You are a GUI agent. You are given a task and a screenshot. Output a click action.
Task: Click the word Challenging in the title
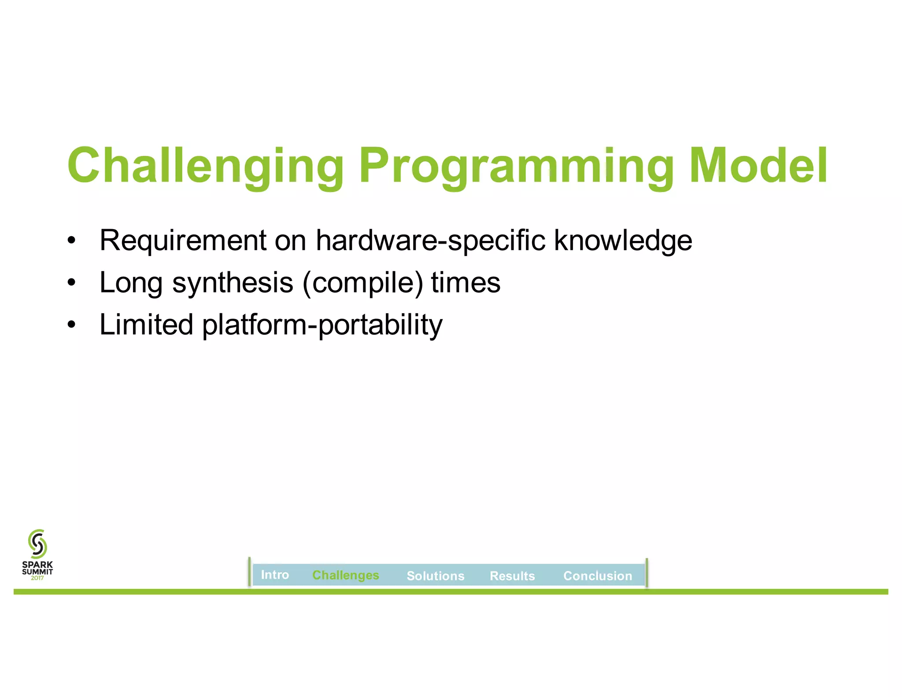pyautogui.click(x=205, y=166)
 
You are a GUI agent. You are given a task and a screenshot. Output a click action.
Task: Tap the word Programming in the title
pyautogui.click(x=516, y=166)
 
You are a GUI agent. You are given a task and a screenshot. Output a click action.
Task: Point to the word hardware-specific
pyautogui.click(x=430, y=241)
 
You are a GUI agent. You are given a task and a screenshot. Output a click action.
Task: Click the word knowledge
pyautogui.click(x=623, y=241)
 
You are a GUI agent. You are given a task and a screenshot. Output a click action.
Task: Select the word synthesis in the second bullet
pyautogui.click(x=233, y=282)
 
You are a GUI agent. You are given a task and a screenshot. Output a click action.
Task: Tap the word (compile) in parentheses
pyautogui.click(x=363, y=282)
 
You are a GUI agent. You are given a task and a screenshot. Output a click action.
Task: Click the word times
pyautogui.click(x=466, y=282)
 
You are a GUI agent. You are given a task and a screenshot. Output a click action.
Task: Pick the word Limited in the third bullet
pyautogui.click(x=146, y=324)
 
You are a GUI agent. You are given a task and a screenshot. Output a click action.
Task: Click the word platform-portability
pyautogui.click(x=322, y=325)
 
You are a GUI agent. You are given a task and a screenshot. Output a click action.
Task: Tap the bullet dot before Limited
pyautogui.click(x=71, y=325)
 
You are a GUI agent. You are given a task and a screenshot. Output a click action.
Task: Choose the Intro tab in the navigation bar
pyautogui.click(x=275, y=575)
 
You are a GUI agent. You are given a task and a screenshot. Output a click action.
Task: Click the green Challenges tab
pyautogui.click(x=345, y=575)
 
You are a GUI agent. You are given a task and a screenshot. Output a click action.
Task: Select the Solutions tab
pyautogui.click(x=435, y=576)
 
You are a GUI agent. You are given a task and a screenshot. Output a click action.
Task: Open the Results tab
pyautogui.click(x=512, y=576)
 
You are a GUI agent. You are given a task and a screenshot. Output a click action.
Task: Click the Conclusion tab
pyautogui.click(x=597, y=576)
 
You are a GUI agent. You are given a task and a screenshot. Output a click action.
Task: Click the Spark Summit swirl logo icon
pyautogui.click(x=37, y=544)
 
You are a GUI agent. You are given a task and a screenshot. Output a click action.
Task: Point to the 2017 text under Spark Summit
pyautogui.click(x=37, y=578)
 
